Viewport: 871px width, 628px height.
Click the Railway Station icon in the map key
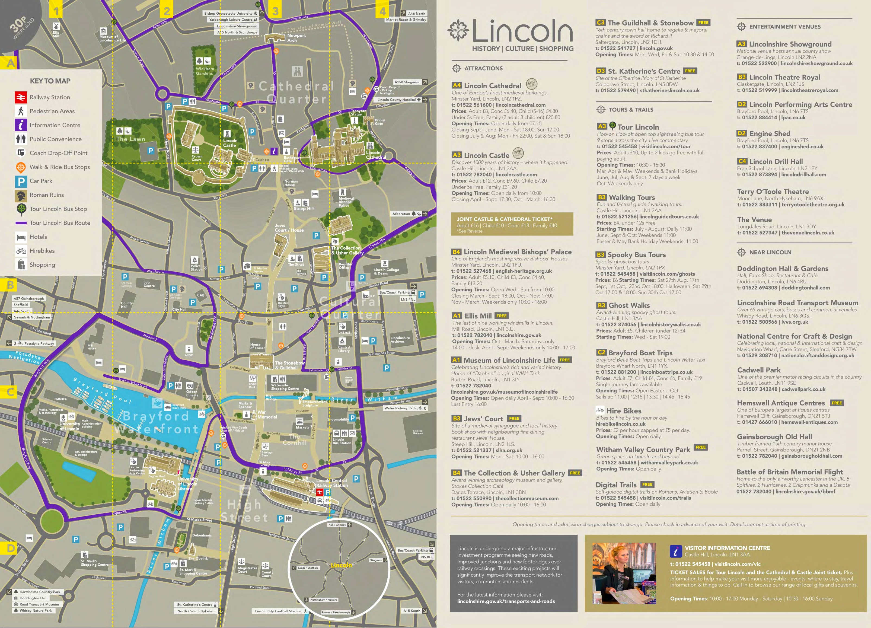pyautogui.click(x=21, y=97)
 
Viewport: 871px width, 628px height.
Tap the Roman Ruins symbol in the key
pyautogui.click(x=21, y=195)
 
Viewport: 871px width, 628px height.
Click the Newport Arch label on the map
pyautogui.click(x=296, y=38)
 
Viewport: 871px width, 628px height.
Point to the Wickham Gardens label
pyautogui.click(x=205, y=71)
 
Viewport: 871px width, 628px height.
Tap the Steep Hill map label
pyautogui.click(x=303, y=209)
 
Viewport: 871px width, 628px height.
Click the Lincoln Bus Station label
pyautogui.click(x=342, y=441)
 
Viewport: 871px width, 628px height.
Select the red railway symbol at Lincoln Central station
pyautogui.click(x=320, y=492)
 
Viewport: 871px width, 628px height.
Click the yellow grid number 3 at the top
pyautogui.click(x=275, y=11)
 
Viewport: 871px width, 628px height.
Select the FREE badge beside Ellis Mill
pyautogui.click(x=501, y=316)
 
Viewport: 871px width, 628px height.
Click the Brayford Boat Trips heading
pyautogui.click(x=640, y=353)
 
